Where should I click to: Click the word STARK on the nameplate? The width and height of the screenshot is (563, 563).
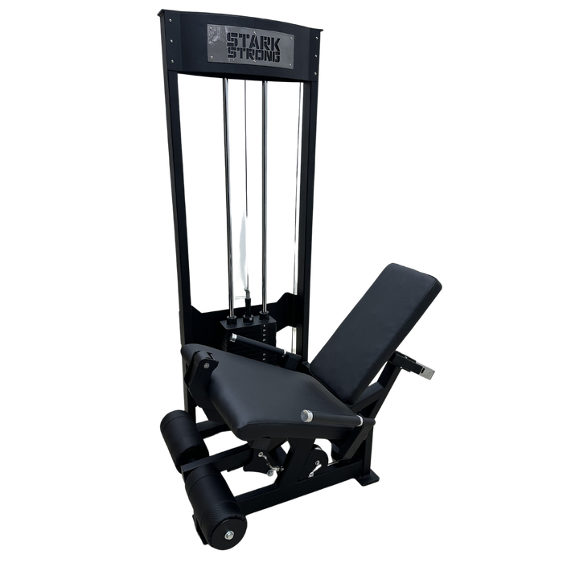point(253,40)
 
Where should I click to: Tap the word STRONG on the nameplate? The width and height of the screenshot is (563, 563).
point(254,55)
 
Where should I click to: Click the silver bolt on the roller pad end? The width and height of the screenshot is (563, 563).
point(229,536)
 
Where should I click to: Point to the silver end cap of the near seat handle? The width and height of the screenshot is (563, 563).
point(307,416)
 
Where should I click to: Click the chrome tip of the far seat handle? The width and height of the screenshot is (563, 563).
point(233,337)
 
